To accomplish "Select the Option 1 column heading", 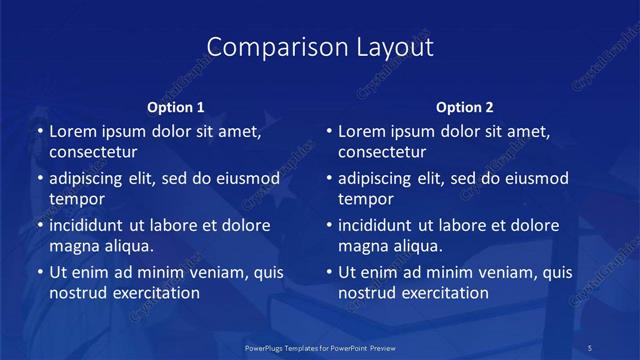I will [x=176, y=107].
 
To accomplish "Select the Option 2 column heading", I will [x=465, y=107].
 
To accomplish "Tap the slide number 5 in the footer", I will [x=590, y=347].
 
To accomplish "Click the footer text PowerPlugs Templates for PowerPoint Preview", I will [x=320, y=347].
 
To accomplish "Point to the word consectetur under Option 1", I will [x=93, y=153].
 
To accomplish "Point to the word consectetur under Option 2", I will [x=383, y=153].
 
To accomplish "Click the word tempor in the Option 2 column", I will [x=365, y=199].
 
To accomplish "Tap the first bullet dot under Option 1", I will [x=40, y=131].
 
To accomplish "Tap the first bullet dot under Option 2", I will [x=329, y=131].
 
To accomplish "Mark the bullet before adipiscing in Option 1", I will [x=40, y=178].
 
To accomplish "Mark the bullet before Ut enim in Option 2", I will [x=329, y=272].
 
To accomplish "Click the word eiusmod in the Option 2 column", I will [x=533, y=178].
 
